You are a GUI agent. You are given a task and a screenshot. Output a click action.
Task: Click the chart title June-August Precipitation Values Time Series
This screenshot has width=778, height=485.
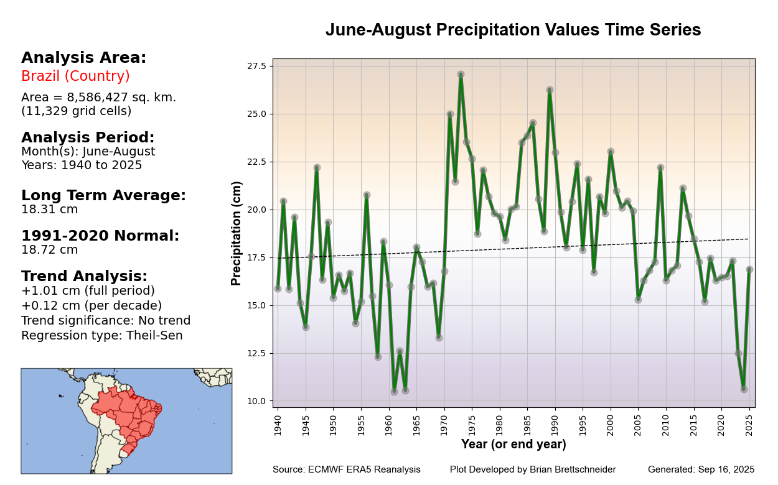[513, 30]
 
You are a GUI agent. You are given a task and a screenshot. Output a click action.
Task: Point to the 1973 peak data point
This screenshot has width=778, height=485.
[461, 75]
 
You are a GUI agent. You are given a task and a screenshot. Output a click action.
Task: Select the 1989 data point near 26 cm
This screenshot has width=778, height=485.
[550, 90]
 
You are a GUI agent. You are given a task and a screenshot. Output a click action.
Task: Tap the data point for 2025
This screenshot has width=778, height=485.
[749, 270]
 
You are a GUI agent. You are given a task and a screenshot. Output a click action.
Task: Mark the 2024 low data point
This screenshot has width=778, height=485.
[744, 389]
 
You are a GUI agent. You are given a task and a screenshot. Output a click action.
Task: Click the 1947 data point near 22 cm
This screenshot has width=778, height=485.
[317, 168]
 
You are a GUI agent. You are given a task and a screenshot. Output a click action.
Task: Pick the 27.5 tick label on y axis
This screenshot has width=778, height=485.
[256, 66]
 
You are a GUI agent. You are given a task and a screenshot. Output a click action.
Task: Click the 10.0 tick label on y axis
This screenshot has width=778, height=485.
[256, 401]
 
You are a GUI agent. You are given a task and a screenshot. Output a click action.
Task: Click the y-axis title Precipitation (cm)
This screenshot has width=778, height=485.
[237, 233]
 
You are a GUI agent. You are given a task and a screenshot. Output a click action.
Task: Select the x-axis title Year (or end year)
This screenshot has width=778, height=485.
[513, 445]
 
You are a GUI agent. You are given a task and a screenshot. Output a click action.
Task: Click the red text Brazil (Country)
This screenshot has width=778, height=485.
[75, 76]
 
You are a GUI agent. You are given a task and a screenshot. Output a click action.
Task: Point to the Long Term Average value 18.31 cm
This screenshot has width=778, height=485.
[50, 210]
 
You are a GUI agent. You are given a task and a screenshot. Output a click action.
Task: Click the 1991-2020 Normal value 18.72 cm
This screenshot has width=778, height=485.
[50, 250]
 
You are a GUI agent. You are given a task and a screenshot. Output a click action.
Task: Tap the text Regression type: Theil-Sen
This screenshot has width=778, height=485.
[101, 336]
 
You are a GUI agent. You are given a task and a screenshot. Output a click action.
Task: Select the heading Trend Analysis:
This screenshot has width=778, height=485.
[84, 276]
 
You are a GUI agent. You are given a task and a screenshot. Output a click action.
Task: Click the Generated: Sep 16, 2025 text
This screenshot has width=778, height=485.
[701, 469]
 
